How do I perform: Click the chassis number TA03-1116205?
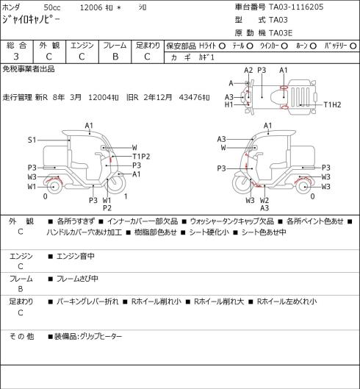coord(296,7)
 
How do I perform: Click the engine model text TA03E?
coord(281,33)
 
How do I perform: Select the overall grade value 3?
coord(16,57)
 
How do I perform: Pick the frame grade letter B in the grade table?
coord(115,57)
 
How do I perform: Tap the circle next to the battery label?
coord(353,46)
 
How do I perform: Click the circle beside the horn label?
coord(313,46)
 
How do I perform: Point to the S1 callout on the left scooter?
coord(32,140)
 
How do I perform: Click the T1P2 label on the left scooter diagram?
coord(141,157)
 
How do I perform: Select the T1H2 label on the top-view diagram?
coord(333,104)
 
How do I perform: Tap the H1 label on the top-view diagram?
coord(228,104)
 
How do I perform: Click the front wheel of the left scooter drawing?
coord(117,184)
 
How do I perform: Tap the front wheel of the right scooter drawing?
coord(241,184)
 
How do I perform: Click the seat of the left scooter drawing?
coord(79,164)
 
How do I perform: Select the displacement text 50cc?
coord(52,7)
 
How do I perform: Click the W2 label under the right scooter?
coord(264,200)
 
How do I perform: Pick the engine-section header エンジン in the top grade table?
coord(82,46)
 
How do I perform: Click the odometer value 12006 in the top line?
coord(91,7)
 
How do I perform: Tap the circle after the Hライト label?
coord(223,46)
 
